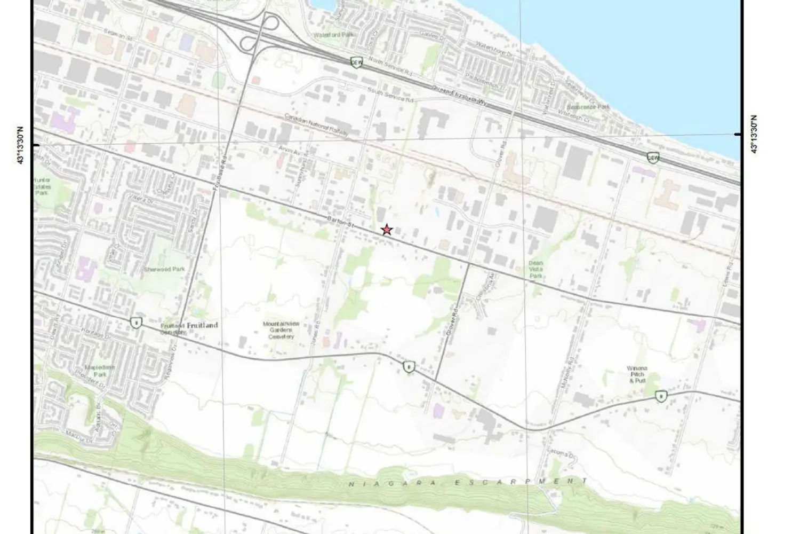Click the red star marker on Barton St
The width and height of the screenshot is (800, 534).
coord(387,230)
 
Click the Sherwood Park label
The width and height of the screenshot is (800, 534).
coord(164,269)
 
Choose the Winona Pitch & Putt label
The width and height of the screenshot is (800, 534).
coord(637,374)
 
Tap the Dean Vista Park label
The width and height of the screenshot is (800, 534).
coord(535,269)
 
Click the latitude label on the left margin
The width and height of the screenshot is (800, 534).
coord(21,145)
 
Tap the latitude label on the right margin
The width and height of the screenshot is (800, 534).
coord(755,134)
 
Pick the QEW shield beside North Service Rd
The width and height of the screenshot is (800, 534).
coord(356,62)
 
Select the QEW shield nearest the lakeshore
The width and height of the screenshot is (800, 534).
coord(653,157)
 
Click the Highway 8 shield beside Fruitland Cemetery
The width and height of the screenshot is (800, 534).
coord(137,322)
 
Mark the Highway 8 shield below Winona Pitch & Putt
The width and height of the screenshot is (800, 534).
coord(662,396)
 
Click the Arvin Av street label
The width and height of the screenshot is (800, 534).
coord(290,152)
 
